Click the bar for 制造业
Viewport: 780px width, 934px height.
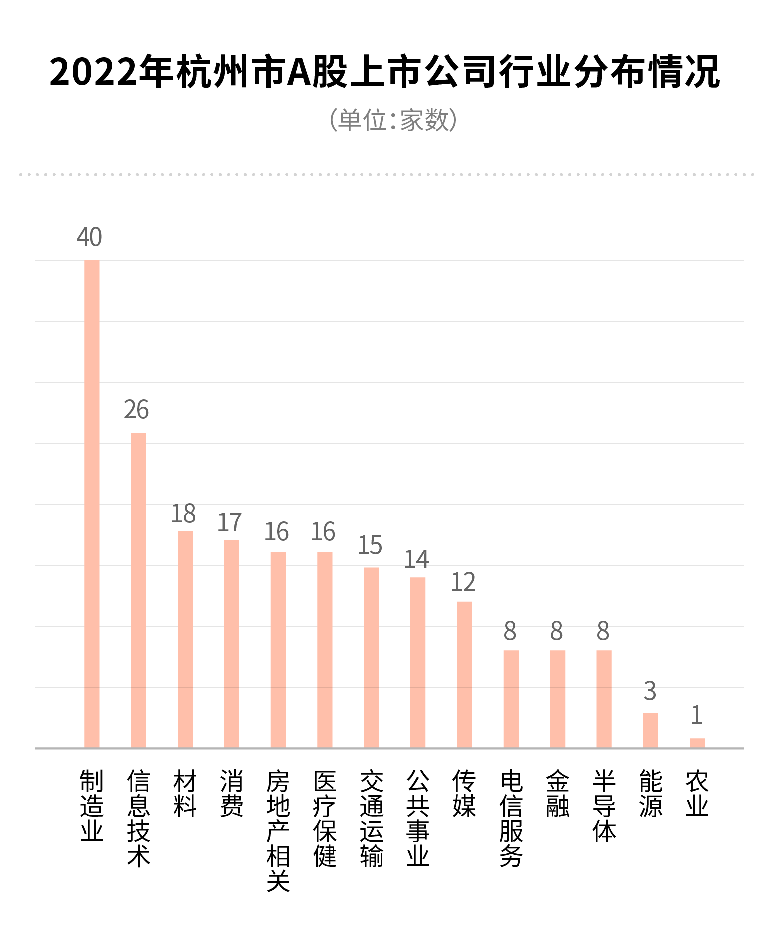point(92,504)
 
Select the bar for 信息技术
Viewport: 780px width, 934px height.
point(138,590)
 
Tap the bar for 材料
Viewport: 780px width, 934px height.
point(185,639)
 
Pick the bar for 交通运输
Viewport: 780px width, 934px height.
point(371,658)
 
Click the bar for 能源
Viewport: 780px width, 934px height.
point(650,730)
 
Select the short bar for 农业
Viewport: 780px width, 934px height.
point(697,743)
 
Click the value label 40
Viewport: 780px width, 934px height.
point(89,237)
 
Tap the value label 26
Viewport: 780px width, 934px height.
point(136,410)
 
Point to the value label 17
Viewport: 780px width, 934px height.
point(229,523)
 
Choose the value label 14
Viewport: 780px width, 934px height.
point(416,560)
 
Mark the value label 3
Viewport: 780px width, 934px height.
point(650,691)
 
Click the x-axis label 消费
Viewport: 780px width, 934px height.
point(232,793)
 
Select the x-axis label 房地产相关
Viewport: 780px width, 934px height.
point(278,831)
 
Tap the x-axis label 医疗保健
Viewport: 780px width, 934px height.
point(325,818)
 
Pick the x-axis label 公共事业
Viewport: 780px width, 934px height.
point(418,818)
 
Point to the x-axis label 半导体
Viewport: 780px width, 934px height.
point(604,805)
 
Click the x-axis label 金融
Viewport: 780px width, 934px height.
point(557,793)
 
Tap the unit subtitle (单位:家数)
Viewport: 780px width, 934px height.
point(393,120)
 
